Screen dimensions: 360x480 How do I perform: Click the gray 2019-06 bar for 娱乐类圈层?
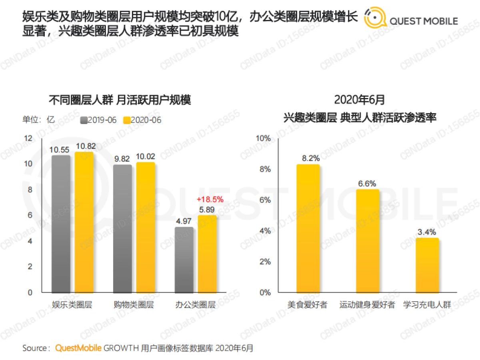tap(61, 224)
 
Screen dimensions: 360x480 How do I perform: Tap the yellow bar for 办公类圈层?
tap(207, 254)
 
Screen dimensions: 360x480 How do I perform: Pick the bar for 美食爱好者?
tap(308, 228)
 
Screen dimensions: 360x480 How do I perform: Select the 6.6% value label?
tap(367, 184)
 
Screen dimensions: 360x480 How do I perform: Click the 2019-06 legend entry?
tap(98, 120)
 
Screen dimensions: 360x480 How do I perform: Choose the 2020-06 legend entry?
tap(142, 120)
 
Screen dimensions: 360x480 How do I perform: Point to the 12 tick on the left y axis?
tap(28, 138)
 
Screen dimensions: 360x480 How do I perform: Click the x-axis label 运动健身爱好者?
tap(367, 305)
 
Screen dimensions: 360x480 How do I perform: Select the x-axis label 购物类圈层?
tap(134, 305)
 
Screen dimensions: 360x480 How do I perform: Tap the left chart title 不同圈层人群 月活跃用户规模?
tap(120, 100)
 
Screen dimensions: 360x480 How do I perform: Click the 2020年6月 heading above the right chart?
tap(360, 100)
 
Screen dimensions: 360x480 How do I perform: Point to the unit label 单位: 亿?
tap(38, 120)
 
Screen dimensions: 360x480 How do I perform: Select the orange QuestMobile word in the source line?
tap(78, 348)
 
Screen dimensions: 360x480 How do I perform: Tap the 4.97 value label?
tap(184, 221)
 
